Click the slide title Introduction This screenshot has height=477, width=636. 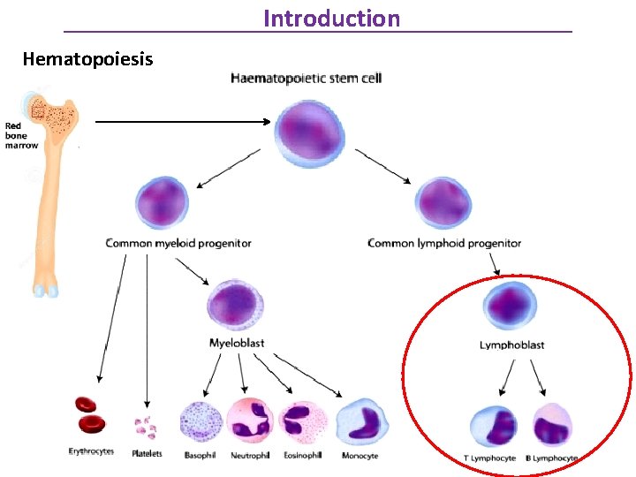331,18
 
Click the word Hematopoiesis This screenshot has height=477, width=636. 87,59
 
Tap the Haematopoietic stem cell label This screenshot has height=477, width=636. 307,79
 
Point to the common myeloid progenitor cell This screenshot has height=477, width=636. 163,203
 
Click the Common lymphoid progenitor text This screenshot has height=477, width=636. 444,243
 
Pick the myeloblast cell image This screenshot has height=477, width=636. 235,305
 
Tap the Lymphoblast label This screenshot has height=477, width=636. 511,345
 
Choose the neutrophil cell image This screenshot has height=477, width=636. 251,421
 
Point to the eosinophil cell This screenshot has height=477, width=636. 302,421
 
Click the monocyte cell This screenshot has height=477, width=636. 361,421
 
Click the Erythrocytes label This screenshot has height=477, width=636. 91,452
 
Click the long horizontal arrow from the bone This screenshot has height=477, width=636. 181,122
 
